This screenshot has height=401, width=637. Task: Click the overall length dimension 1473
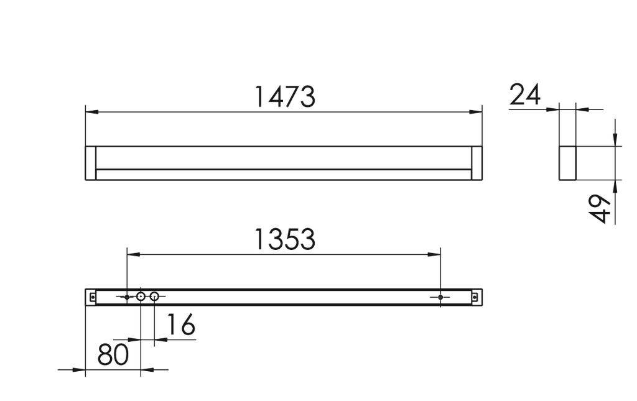pyautogui.click(x=285, y=97)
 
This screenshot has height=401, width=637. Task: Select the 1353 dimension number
pyautogui.click(x=285, y=239)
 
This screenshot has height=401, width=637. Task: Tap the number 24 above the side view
pyautogui.click(x=525, y=95)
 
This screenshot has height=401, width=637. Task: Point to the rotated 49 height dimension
pyautogui.click(x=599, y=208)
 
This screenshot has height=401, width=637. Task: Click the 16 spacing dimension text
pyautogui.click(x=181, y=325)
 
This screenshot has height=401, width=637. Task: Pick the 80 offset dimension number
pyautogui.click(x=113, y=354)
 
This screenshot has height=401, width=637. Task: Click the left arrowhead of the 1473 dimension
pyautogui.click(x=91, y=112)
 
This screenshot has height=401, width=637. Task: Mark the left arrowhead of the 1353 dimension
pyautogui.click(x=133, y=254)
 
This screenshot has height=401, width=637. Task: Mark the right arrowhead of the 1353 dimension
pyautogui.click(x=435, y=254)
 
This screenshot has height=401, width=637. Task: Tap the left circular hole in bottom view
pyautogui.click(x=141, y=297)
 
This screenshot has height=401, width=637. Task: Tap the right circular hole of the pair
pyautogui.click(x=154, y=297)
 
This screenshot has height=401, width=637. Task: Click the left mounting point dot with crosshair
pyautogui.click(x=127, y=297)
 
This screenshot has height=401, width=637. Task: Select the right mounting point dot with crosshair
pyautogui.click(x=440, y=297)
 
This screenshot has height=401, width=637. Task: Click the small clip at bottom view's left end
pyautogui.click(x=92, y=297)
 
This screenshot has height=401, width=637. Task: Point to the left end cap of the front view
pyautogui.click(x=90, y=163)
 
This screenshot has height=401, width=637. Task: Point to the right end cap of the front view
pyautogui.click(x=477, y=163)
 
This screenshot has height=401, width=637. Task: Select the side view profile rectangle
pyautogui.click(x=567, y=163)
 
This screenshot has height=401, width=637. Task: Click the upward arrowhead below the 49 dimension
pyautogui.click(x=615, y=185)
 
